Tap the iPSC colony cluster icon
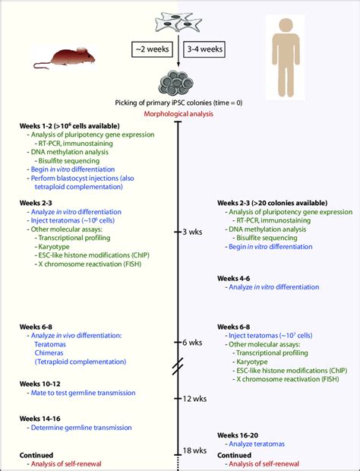(178, 81)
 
